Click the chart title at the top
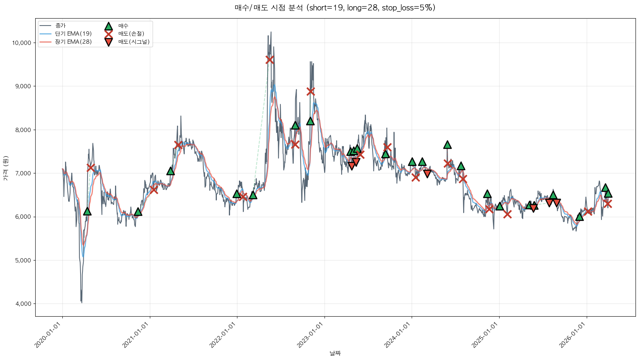(x=335, y=8)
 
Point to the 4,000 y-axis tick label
(x=23, y=304)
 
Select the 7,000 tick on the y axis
(x=23, y=173)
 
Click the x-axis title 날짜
(x=335, y=353)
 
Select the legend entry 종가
(x=60, y=26)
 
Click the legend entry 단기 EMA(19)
(x=73, y=34)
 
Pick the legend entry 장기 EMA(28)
(x=73, y=42)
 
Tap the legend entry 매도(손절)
(x=131, y=34)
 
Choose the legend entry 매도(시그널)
(x=134, y=42)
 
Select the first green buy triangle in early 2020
(x=87, y=211)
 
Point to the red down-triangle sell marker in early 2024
(x=427, y=173)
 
